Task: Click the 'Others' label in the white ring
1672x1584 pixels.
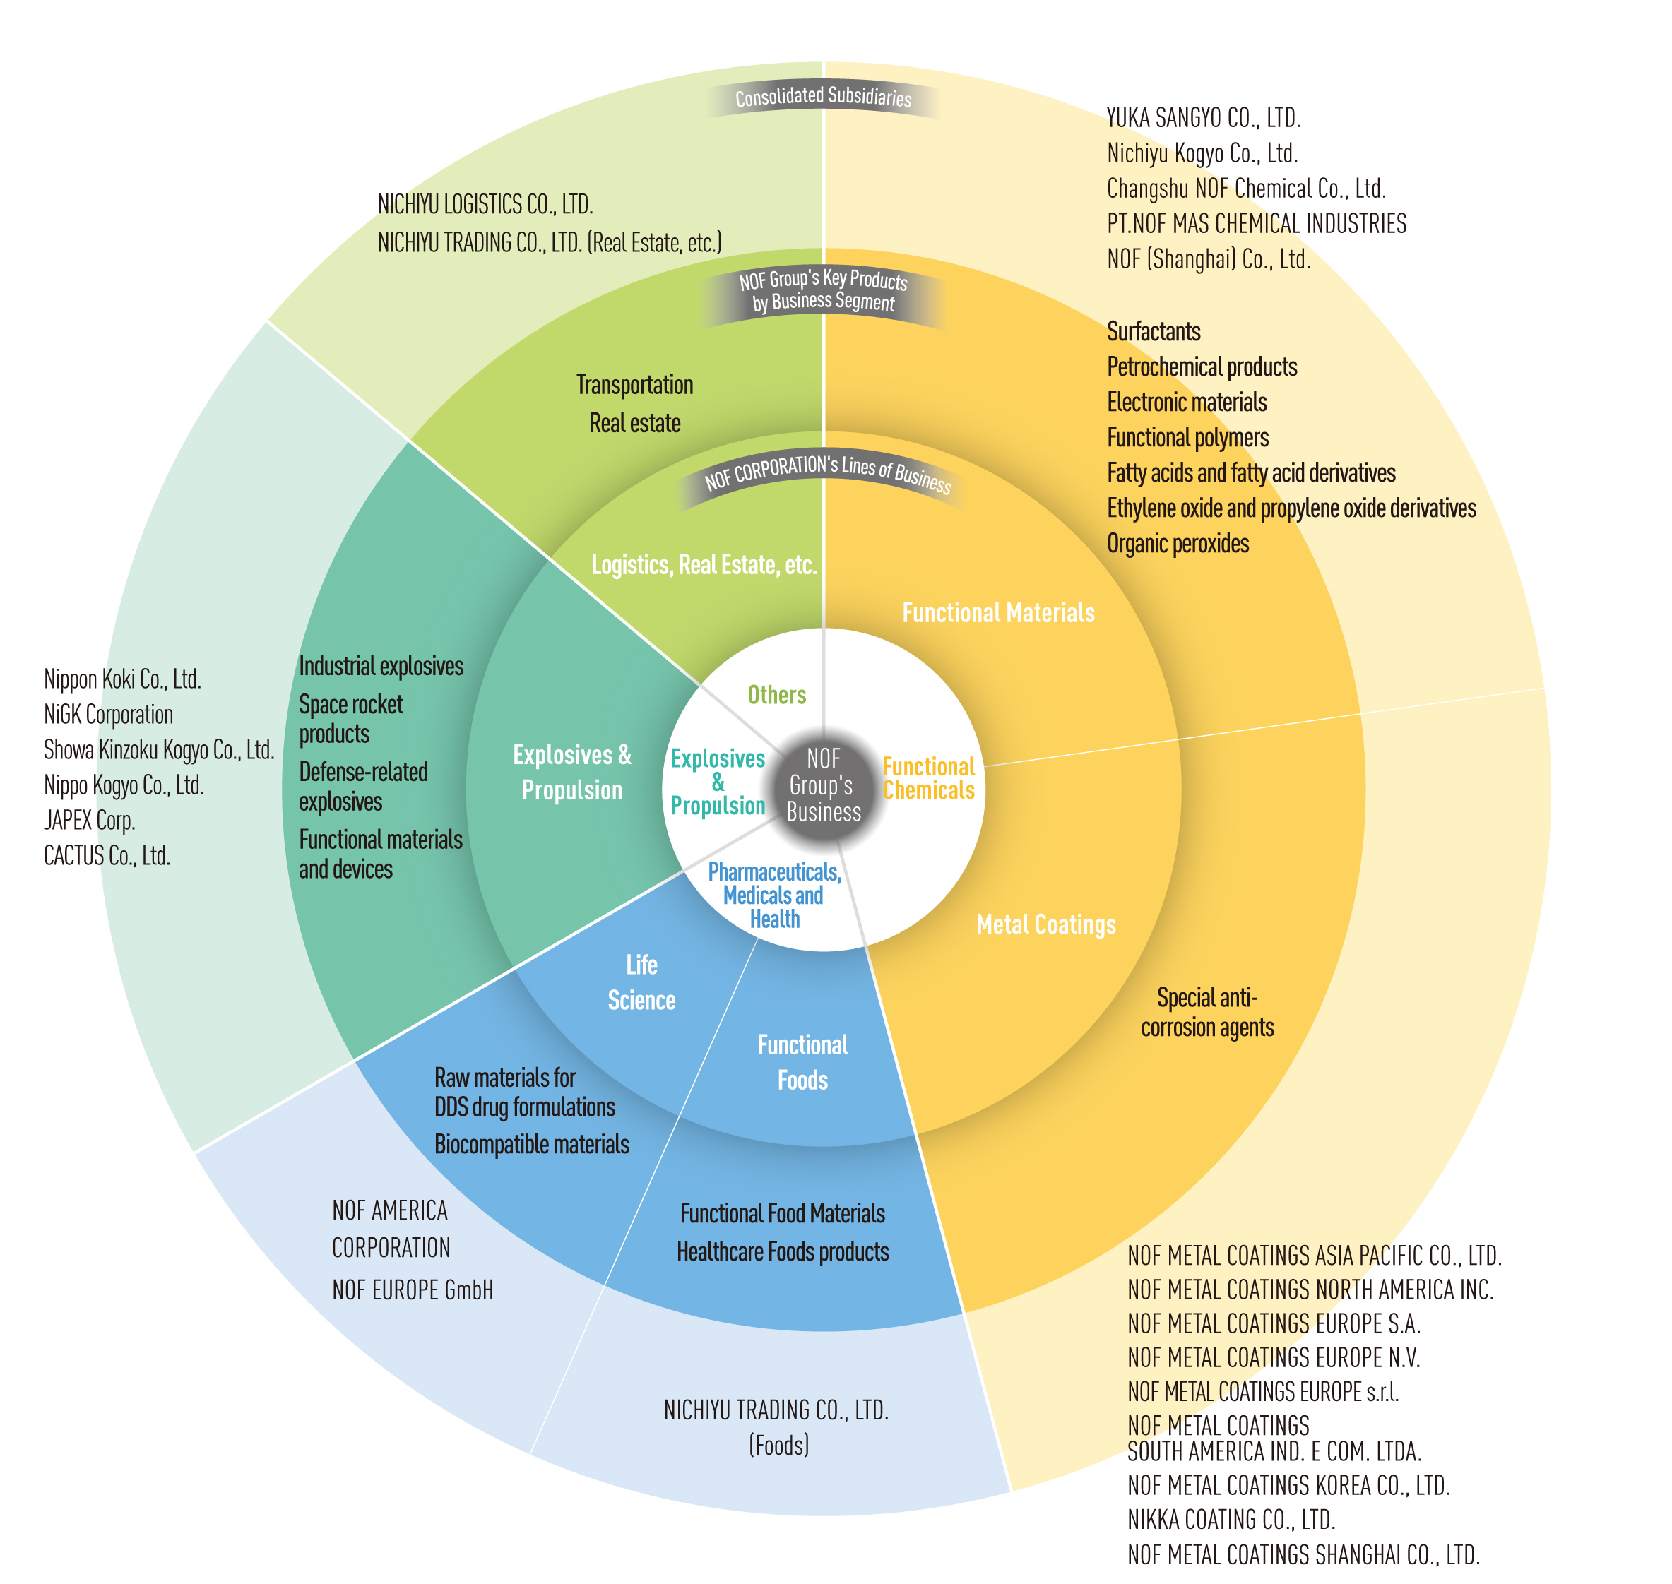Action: (776, 695)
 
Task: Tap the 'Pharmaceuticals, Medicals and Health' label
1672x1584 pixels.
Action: (774, 895)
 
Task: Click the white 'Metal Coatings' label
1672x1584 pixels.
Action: (1045, 924)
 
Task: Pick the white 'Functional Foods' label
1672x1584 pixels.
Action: (802, 1062)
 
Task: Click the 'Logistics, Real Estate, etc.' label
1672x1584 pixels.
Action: (704, 564)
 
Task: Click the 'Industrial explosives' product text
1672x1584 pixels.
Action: (381, 666)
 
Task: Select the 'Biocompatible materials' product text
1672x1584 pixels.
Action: (531, 1144)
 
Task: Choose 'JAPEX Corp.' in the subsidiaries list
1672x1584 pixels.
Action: (90, 820)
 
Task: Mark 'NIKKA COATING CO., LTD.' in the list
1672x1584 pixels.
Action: (1231, 1519)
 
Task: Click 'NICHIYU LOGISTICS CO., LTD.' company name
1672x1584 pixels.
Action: (485, 204)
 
